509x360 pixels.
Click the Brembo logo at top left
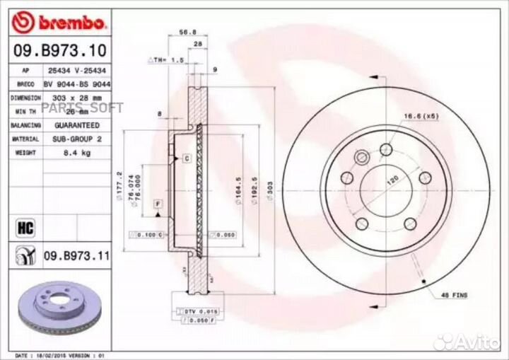pyautogui.click(x=59, y=23)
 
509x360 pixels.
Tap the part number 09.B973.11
pyautogui.click(x=77, y=255)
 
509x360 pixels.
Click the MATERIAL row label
pyautogui.click(x=25, y=139)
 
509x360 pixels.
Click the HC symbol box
pyautogui.click(x=21, y=228)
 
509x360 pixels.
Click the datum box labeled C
pyautogui.click(x=187, y=158)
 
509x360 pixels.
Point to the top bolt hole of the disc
pyautogui.click(x=386, y=149)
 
